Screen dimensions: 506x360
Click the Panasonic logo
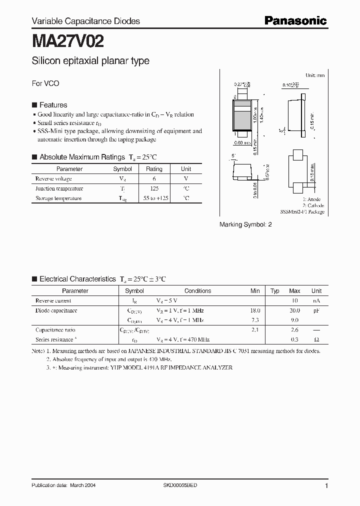[295, 20]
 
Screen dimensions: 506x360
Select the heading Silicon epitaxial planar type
[90, 61]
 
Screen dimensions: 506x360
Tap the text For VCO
[45, 83]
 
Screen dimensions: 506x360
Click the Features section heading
[53, 105]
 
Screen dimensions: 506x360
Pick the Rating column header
[154, 169]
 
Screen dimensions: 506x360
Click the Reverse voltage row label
[53, 178]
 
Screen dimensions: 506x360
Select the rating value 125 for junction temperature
[154, 188]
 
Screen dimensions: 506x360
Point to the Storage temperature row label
[58, 198]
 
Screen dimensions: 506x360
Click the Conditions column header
[197, 290]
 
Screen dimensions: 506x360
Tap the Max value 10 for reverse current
[294, 300]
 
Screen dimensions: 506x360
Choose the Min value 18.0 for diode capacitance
[255, 310]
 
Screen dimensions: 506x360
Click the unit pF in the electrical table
[316, 310]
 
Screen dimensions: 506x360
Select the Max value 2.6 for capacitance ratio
[294, 330]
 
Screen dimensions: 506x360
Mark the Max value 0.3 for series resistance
[294, 339]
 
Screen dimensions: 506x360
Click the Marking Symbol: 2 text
[245, 224]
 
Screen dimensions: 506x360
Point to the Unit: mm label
[315, 75]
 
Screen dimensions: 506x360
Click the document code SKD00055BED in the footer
[180, 485]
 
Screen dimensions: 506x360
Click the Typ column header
[275, 290]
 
